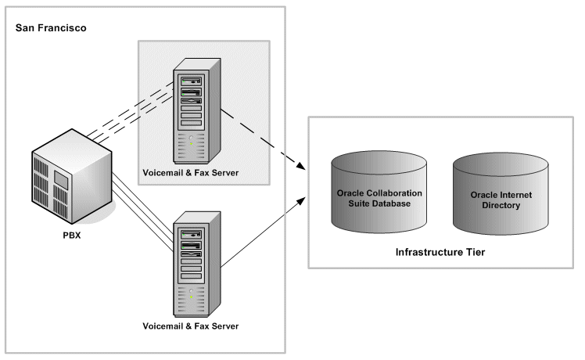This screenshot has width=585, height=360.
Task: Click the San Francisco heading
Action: [51, 28]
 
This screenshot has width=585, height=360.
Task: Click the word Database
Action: [397, 203]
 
